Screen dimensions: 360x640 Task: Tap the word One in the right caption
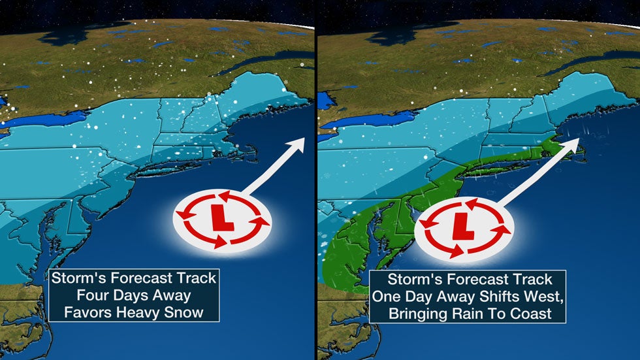pyautogui.click(x=386, y=296)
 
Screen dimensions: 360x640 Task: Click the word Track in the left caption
pyautogui.click(x=193, y=278)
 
